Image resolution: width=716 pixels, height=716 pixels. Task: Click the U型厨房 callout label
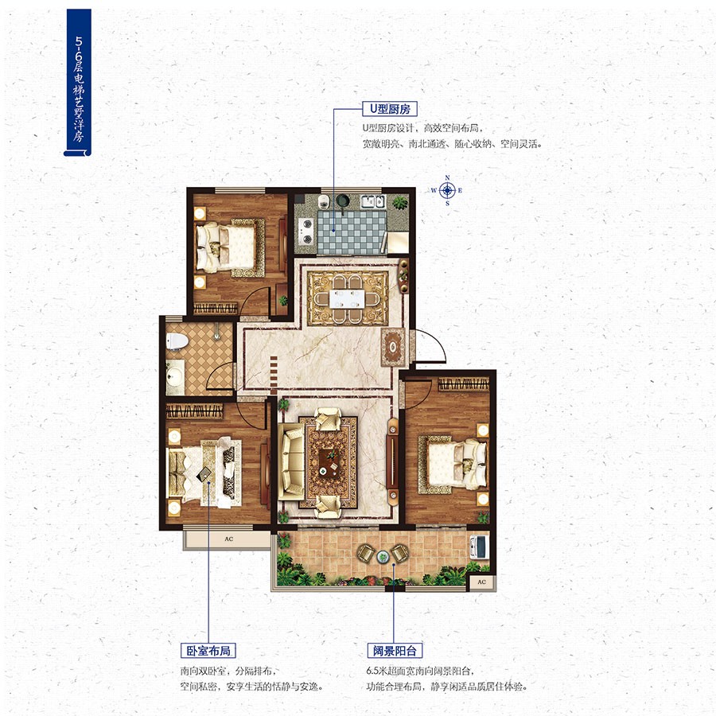pyautogui.click(x=390, y=109)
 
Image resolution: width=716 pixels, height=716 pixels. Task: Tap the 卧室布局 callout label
pyautogui.click(x=208, y=650)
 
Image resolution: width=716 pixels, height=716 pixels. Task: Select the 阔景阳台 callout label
pyautogui.click(x=395, y=650)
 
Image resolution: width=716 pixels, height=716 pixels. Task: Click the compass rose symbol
pyautogui.click(x=447, y=190)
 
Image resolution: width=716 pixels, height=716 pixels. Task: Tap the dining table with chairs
pyautogui.click(x=348, y=298)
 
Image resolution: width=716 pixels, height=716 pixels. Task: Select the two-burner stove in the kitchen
pyautogui.click(x=305, y=231)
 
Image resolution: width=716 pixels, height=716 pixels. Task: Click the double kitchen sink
pyautogui.click(x=373, y=201)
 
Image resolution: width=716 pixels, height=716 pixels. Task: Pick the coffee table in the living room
pyautogui.click(x=329, y=462)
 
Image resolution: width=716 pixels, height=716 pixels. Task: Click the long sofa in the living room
pyautogui.click(x=291, y=461)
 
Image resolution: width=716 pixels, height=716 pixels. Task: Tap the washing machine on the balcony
pyautogui.click(x=480, y=547)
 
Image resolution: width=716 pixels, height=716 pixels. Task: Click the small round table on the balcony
pyautogui.click(x=383, y=556)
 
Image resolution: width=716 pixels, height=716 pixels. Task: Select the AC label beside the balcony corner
pyautogui.click(x=482, y=582)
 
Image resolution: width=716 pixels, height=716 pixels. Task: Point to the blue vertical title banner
pyautogui.click(x=78, y=83)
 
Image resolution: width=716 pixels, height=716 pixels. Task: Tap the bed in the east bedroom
pyautogui.click(x=453, y=464)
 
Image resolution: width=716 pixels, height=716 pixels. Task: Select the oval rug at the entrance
pyautogui.click(x=393, y=347)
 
